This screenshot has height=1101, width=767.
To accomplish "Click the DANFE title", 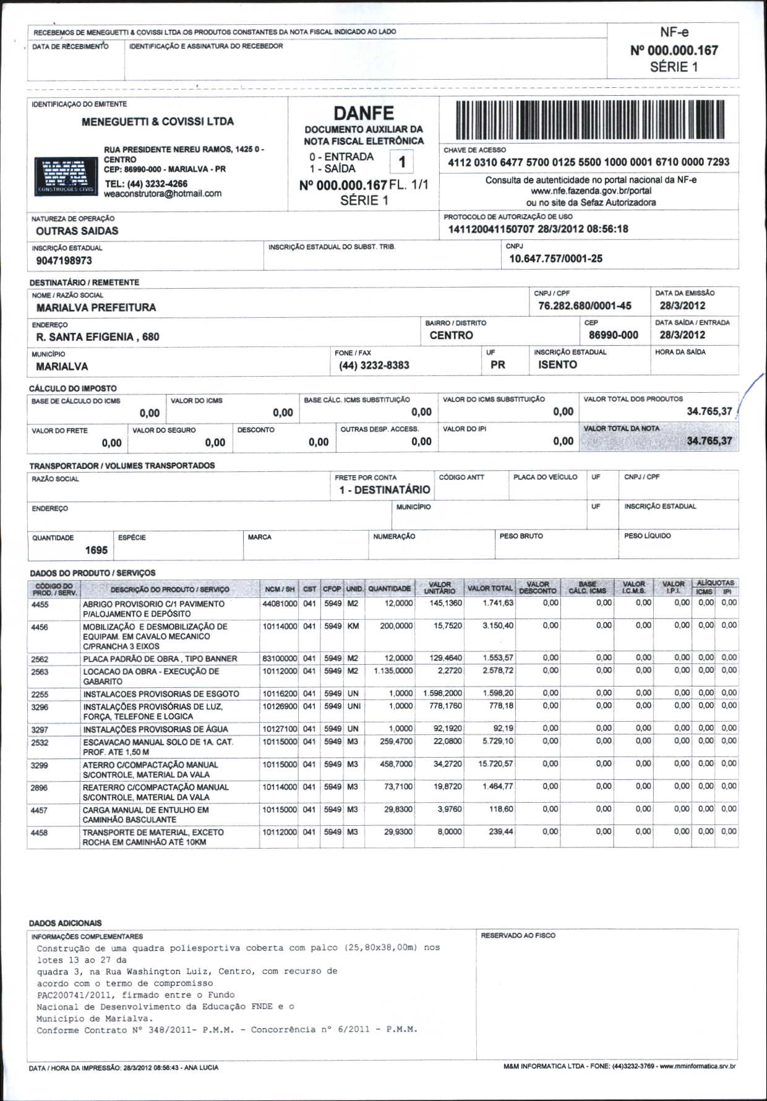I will pyautogui.click(x=364, y=113).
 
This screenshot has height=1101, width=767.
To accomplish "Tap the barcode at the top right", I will pyautogui.click(x=589, y=119).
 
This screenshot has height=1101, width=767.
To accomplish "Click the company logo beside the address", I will pyautogui.click(x=65, y=176).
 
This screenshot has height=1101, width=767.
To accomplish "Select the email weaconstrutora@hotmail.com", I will pyautogui.click(x=163, y=194).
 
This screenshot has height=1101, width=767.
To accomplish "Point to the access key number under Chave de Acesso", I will pyautogui.click(x=588, y=162).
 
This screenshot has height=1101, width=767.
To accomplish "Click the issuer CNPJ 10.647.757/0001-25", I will pyautogui.click(x=555, y=259).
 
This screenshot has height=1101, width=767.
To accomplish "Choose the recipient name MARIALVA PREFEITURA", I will pyautogui.click(x=96, y=307).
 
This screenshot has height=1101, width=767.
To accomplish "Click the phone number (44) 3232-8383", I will pyautogui.click(x=374, y=365).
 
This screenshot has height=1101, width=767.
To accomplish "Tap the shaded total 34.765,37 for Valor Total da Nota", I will pyautogui.click(x=709, y=441).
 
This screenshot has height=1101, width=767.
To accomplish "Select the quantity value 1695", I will pyautogui.click(x=96, y=550).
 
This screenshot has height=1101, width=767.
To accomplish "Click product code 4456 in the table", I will pyautogui.click(x=40, y=627).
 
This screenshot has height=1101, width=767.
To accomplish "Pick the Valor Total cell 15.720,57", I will pyautogui.click(x=495, y=764).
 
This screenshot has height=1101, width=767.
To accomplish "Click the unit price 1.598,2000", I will pyautogui.click(x=442, y=693).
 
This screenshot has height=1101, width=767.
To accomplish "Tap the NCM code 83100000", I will pyautogui.click(x=280, y=659).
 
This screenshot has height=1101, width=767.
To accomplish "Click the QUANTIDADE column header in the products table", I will pyautogui.click(x=389, y=589).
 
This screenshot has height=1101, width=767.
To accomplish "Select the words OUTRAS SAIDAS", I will pyautogui.click(x=77, y=231).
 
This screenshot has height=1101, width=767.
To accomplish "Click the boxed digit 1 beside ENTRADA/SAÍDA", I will pyautogui.click(x=401, y=162).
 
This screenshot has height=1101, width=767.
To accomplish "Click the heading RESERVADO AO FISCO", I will pyautogui.click(x=518, y=936).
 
